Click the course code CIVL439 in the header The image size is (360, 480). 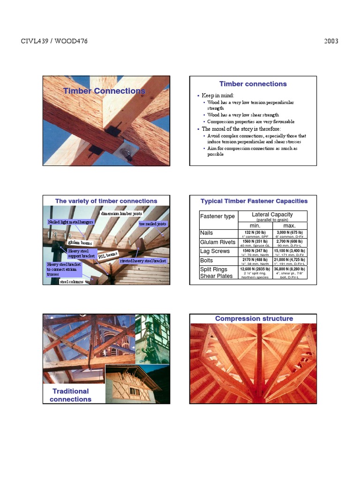pos(36,41)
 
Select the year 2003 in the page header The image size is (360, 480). pos(331,41)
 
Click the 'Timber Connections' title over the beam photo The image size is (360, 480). pos(104,91)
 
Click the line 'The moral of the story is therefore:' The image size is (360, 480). pos(241,129)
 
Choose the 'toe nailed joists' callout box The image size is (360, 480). pos(152,224)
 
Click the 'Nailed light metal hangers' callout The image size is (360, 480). pos(71,222)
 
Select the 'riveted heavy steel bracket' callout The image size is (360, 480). pos(143,261)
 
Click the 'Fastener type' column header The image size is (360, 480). pos(217,216)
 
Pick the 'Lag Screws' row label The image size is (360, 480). pos(215,251)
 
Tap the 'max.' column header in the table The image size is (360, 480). pos(290,225)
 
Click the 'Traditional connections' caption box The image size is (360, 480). pos(70,395)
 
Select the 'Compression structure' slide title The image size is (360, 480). pos(254,319)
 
